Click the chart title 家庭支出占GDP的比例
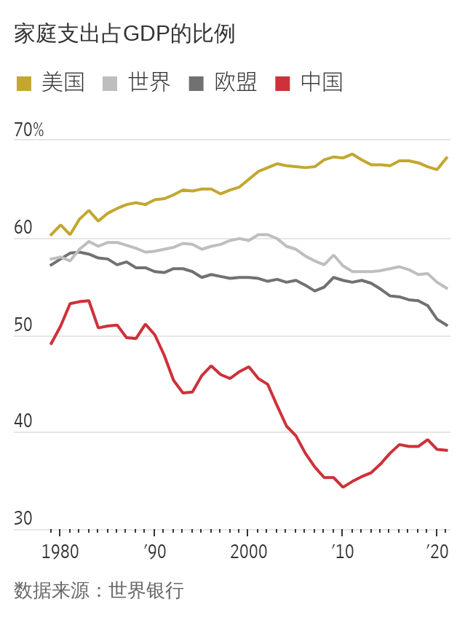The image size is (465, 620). click(124, 34)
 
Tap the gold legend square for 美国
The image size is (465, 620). click(24, 84)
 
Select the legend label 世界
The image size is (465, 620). click(149, 83)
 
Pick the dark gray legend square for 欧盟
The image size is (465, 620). click(196, 84)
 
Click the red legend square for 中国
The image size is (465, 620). click(282, 84)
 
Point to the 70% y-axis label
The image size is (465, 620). click(29, 130)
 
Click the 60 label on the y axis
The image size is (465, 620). click(23, 228)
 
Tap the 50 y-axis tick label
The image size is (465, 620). click(23, 325)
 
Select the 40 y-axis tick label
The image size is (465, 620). click(23, 422)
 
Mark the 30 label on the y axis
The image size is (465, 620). click(23, 519)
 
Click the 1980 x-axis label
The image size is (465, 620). click(60, 552)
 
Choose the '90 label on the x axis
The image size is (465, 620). click(154, 552)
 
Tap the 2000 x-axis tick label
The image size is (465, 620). click(248, 552)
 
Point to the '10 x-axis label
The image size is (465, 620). click(342, 552)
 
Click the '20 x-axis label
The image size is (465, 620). click(437, 552)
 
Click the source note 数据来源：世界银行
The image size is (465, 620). click(98, 590)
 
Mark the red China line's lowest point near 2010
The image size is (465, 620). click(343, 487)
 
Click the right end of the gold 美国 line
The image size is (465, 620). click(447, 157)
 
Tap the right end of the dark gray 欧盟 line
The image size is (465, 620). click(447, 325)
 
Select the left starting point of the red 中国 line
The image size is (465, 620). click(51, 344)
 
